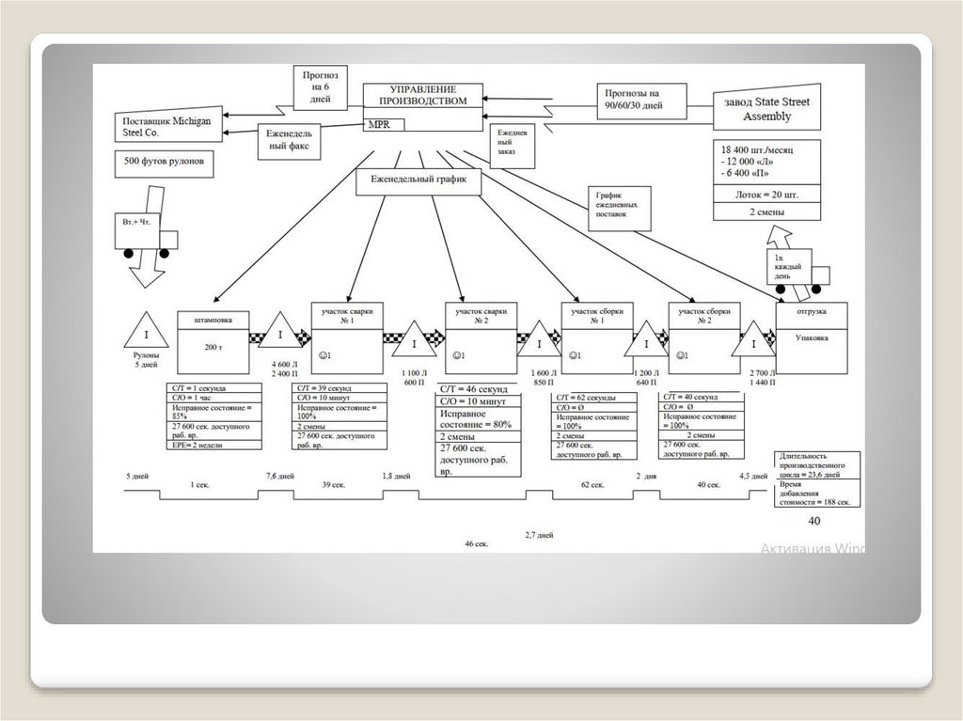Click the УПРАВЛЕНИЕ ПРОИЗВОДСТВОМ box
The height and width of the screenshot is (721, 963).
[x=422, y=96]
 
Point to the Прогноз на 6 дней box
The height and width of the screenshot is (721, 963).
[x=320, y=86]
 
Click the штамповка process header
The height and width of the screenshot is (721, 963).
[x=213, y=318]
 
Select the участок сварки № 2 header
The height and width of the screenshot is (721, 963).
[x=481, y=315]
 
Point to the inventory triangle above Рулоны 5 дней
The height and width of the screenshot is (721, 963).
[x=146, y=332]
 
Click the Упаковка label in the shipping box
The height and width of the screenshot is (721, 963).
[x=811, y=337]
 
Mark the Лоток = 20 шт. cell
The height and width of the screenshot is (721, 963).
[x=766, y=195]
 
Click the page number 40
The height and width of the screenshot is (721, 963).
[x=813, y=521]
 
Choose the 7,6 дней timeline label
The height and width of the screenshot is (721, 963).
[x=279, y=477]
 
